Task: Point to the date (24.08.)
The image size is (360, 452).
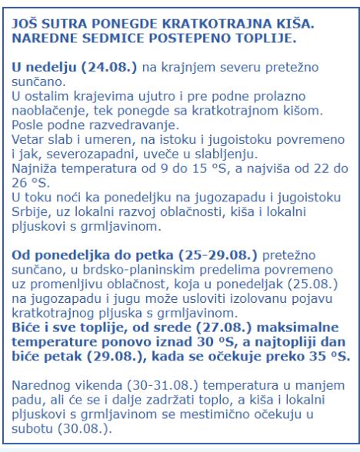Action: pyautogui.click(x=95, y=68)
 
